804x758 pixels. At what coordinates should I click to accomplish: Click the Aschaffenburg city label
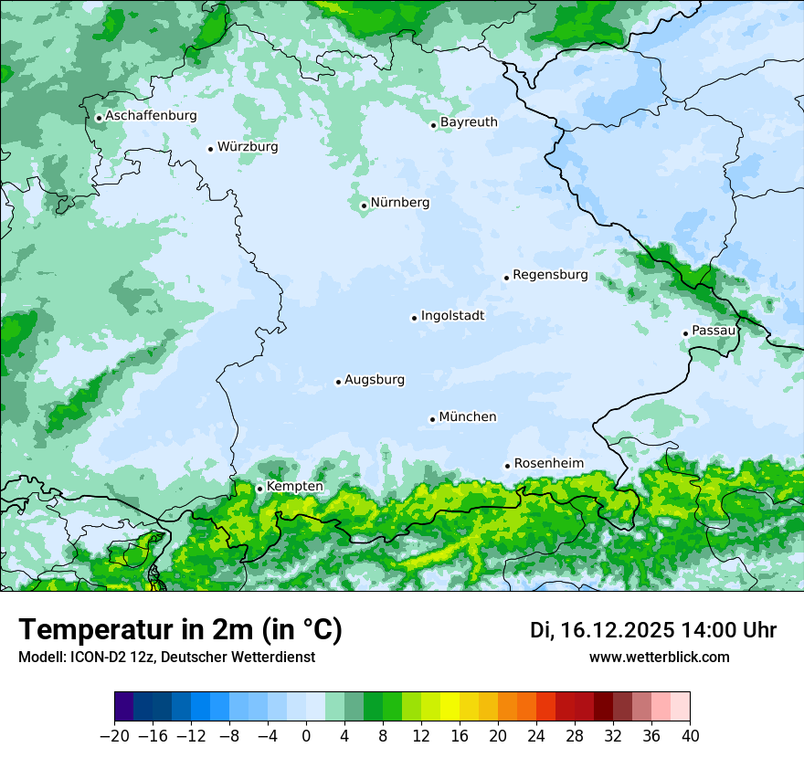(x=151, y=116)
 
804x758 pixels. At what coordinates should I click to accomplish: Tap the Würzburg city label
(x=248, y=147)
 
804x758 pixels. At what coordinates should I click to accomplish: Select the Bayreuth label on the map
(x=469, y=122)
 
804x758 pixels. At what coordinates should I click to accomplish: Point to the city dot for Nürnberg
(x=364, y=205)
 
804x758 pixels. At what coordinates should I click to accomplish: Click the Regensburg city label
(x=550, y=275)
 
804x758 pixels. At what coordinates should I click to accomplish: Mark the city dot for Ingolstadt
(x=414, y=318)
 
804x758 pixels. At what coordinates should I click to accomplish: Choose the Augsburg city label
(x=375, y=380)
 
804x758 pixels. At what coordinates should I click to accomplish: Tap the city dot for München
(x=432, y=419)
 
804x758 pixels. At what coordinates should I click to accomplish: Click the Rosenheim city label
(x=549, y=463)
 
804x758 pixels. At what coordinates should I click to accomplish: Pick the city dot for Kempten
(x=259, y=489)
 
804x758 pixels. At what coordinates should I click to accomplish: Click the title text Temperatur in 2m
(x=180, y=630)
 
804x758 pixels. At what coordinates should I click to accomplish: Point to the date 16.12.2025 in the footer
(x=617, y=630)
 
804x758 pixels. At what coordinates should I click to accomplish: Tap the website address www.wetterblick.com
(x=660, y=658)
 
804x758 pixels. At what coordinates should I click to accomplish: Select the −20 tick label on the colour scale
(x=114, y=736)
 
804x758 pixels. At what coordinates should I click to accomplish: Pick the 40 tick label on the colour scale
(x=690, y=736)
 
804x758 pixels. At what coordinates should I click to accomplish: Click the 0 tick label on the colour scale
(x=306, y=736)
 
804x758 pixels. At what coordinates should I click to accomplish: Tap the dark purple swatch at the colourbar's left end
(x=123, y=707)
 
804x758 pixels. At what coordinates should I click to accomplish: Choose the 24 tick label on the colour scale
(x=536, y=736)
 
